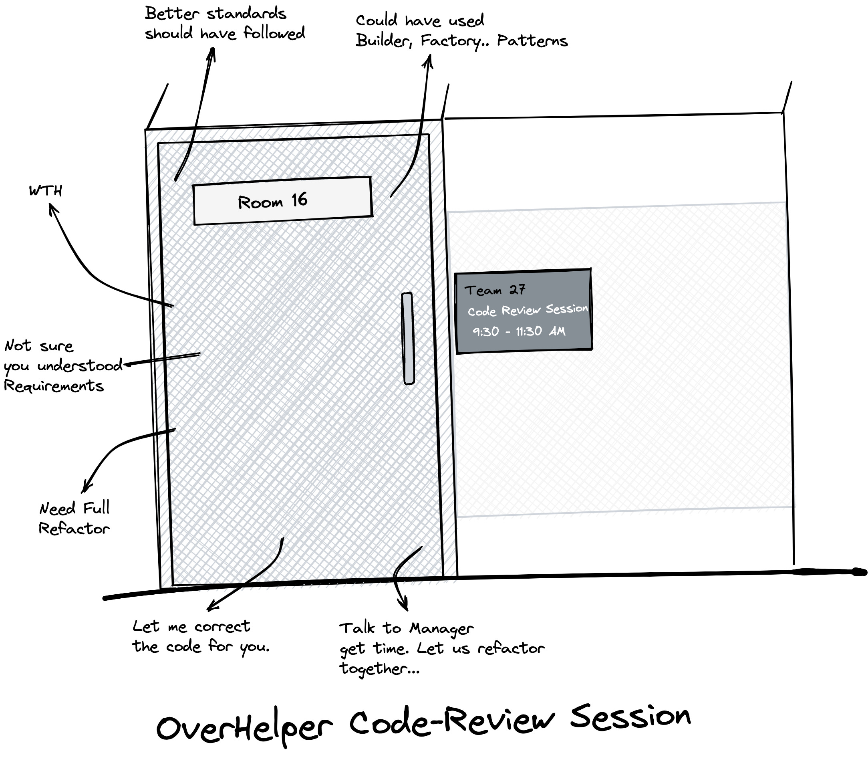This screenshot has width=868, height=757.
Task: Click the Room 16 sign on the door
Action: click(282, 201)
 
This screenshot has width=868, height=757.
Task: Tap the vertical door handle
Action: click(407, 338)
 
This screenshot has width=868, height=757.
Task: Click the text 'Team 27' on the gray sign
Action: click(495, 290)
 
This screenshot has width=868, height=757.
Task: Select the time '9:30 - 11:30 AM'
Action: click(519, 331)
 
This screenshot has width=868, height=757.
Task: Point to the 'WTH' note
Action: click(46, 191)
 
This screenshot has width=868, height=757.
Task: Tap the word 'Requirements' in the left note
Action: click(54, 386)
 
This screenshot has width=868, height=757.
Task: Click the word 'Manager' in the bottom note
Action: click(441, 629)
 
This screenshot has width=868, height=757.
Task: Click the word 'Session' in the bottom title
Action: click(630, 717)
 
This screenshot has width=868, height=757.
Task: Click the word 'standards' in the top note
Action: click(247, 14)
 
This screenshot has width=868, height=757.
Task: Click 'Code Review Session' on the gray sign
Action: click(528, 311)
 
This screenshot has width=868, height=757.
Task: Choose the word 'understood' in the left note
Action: click(80, 366)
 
